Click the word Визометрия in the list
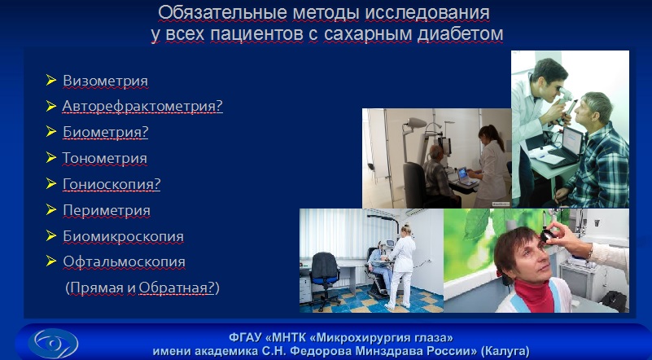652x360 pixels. click(105, 81)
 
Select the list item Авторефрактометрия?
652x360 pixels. click(142, 106)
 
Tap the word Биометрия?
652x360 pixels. click(106, 132)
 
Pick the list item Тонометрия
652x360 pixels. click(104, 158)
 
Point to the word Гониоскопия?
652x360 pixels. click(112, 184)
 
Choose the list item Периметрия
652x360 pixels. click(107, 210)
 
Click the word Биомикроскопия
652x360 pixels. click(123, 236)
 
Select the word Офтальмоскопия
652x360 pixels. click(124, 262)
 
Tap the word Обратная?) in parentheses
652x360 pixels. click(179, 288)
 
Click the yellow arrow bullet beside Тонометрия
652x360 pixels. click(51, 157)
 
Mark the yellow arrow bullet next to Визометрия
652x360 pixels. click(51, 80)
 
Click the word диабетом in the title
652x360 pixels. click(460, 34)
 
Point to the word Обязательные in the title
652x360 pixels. click(222, 13)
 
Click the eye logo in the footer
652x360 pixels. click(54, 344)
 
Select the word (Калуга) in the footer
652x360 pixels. click(505, 351)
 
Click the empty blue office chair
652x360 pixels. click(325, 278)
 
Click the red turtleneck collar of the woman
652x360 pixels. click(534, 293)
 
